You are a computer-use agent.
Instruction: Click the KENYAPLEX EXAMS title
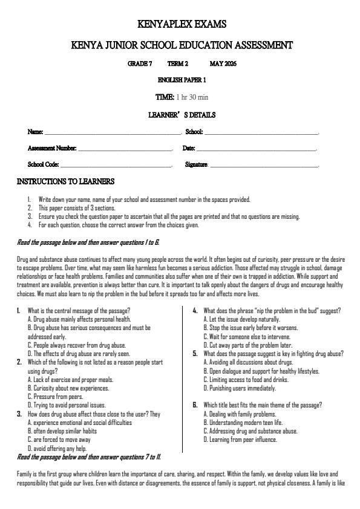coord(182,25)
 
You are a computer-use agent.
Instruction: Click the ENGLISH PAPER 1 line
coord(182,80)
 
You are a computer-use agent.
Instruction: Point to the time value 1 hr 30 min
coord(192,97)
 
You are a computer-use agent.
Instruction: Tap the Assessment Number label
coord(52,148)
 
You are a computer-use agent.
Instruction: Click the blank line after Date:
coord(257,149)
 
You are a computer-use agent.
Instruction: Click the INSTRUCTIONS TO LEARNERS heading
coord(65,181)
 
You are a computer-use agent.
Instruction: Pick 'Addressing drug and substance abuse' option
coord(250,431)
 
